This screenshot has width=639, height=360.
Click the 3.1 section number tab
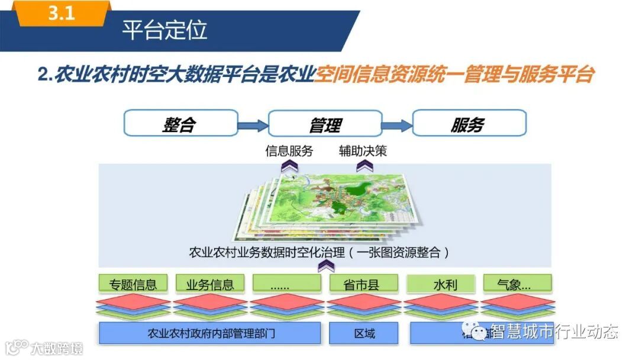click(61, 14)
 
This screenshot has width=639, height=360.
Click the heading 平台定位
click(164, 30)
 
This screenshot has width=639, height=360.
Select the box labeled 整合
click(180, 124)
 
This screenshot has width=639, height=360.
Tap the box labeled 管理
click(325, 124)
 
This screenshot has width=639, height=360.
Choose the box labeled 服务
click(469, 124)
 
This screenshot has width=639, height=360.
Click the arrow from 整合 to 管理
click(253, 125)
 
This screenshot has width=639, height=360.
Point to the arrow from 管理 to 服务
click(397, 125)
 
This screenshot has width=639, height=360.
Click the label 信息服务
click(289, 151)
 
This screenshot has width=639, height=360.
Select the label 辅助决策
click(363, 151)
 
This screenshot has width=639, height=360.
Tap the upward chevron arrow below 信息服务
click(289, 167)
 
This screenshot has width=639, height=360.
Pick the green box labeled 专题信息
click(133, 284)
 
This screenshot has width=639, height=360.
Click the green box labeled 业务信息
click(209, 284)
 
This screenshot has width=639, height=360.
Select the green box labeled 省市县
click(362, 284)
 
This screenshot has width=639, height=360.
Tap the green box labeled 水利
click(441, 284)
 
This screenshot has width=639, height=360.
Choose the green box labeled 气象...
click(517, 284)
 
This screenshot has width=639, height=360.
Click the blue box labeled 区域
click(364, 333)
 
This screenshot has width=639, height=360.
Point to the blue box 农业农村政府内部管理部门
click(210, 333)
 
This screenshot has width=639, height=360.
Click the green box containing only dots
click(286, 284)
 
